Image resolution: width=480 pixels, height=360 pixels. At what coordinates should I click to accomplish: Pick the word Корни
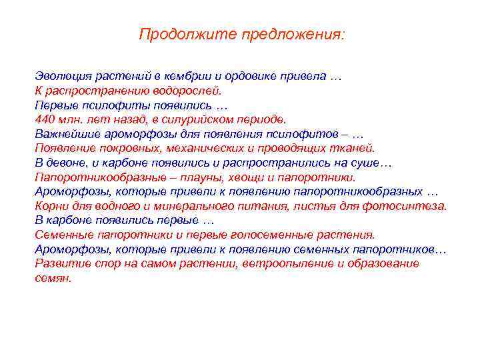(x=51, y=207)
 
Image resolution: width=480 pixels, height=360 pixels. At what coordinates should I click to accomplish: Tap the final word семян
(x=52, y=279)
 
